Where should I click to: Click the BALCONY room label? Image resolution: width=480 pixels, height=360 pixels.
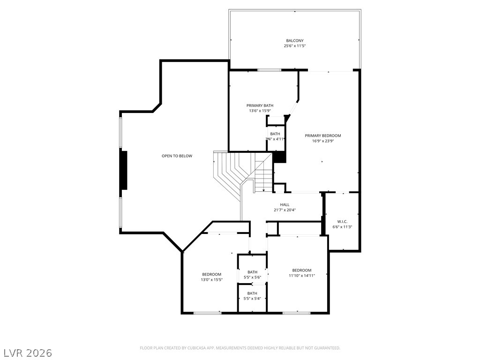coord(294,40)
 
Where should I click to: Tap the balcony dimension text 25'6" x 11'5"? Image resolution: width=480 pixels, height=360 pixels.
coord(294,46)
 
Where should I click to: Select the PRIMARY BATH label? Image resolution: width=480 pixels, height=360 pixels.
coord(260,105)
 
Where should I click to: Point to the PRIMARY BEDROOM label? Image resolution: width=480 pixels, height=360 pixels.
coord(322,135)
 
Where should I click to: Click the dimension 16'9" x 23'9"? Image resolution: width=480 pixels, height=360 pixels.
coord(322,141)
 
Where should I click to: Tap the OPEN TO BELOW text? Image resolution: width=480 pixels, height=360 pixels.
coord(177,156)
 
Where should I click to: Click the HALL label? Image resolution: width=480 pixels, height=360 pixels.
coord(285,204)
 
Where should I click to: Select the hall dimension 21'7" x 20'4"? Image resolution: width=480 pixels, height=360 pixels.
coord(285,210)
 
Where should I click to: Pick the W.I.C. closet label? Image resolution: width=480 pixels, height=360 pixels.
coord(342,221)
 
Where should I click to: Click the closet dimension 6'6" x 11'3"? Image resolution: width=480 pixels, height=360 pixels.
coord(342,227)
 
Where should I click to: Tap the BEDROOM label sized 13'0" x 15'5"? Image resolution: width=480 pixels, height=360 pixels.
coord(211,274)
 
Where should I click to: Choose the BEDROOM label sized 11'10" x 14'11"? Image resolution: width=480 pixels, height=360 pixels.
coord(301,270)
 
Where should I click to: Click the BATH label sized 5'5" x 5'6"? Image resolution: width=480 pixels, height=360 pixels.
coord(252,272)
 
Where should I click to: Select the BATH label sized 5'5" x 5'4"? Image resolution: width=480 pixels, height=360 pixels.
coord(252,293)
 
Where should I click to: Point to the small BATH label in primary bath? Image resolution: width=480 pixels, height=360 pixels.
coord(275,134)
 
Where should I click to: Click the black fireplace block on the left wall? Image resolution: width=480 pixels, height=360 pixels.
coord(124,170)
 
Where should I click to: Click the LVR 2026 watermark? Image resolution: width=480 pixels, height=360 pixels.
coord(28,352)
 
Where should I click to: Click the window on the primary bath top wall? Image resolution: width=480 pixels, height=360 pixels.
coord(269,70)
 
